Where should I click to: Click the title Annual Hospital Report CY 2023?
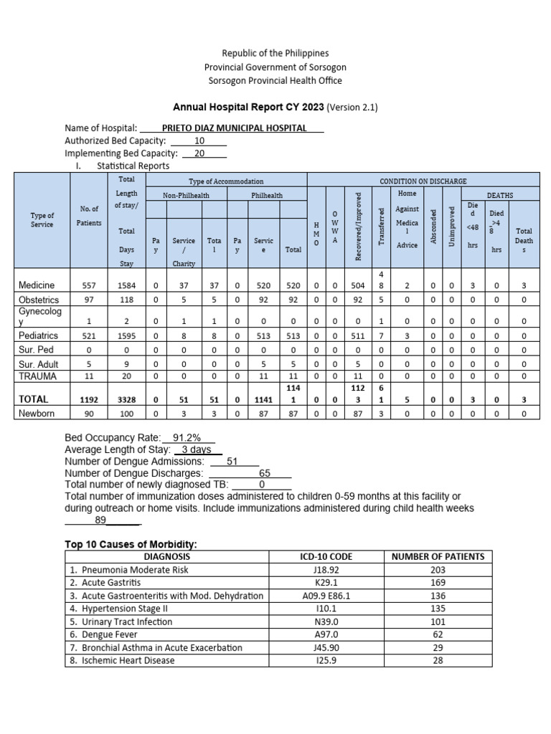[248, 108]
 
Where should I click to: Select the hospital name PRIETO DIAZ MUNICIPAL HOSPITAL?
[235, 128]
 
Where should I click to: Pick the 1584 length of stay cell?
[126, 285]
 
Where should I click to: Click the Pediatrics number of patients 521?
[90, 335]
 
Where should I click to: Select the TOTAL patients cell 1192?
[90, 399]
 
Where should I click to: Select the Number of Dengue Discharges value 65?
[265, 474]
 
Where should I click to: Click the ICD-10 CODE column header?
[326, 556]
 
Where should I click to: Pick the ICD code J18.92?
[326, 569]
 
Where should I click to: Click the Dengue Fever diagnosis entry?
[110, 634]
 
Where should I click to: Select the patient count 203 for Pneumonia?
[438, 569]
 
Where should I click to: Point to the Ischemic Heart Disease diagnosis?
[122, 660]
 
